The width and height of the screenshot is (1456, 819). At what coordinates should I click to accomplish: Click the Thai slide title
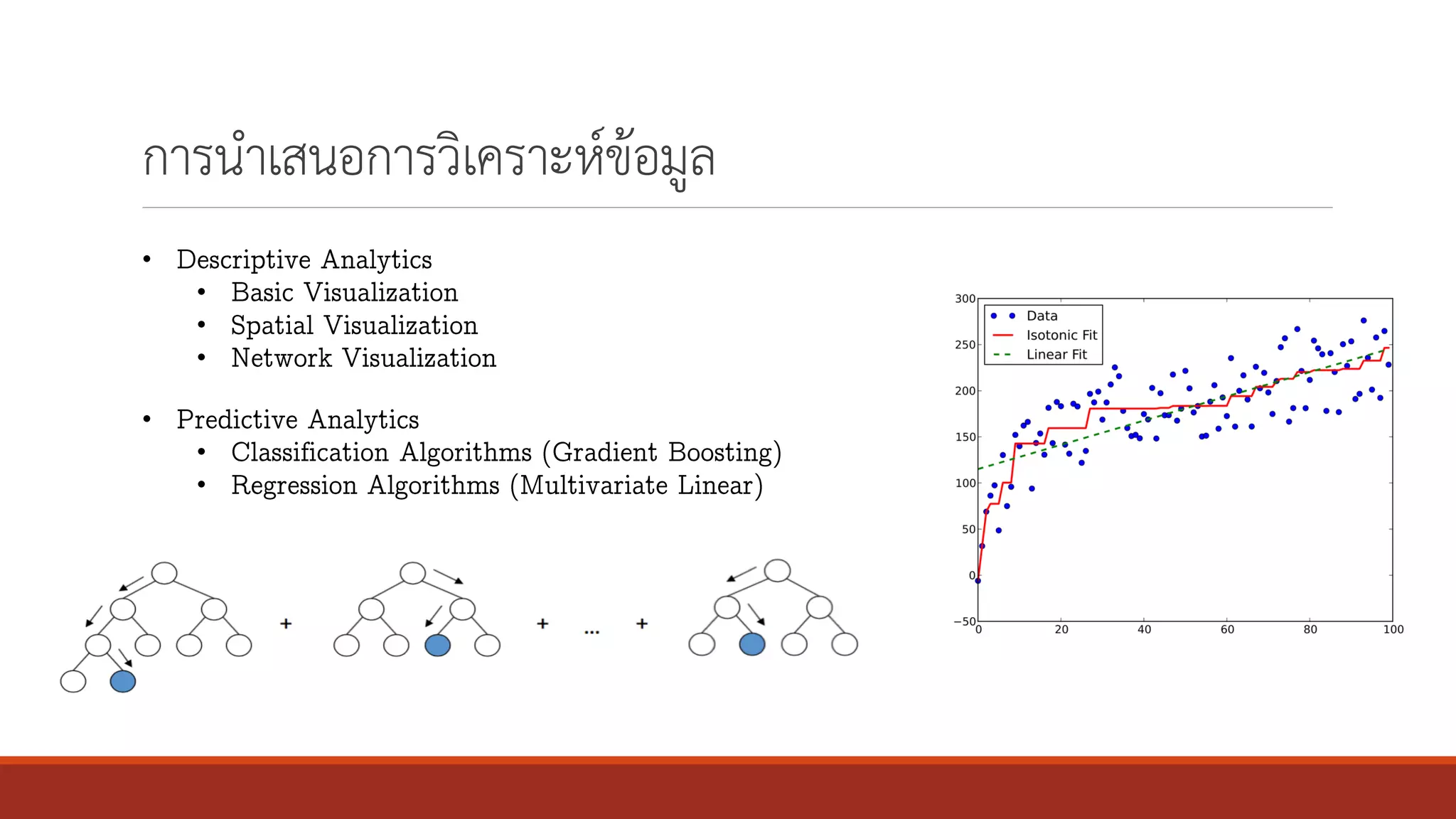pyautogui.click(x=428, y=158)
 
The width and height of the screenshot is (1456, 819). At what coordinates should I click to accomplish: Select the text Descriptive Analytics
pyautogui.click(x=304, y=259)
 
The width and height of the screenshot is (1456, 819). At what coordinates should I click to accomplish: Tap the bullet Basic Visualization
pyautogui.click(x=344, y=292)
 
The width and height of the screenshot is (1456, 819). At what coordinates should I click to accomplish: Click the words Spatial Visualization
pyautogui.click(x=354, y=325)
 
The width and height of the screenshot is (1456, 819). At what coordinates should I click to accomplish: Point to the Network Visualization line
pyautogui.click(x=363, y=358)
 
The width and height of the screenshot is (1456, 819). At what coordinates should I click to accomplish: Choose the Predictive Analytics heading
pyautogui.click(x=298, y=419)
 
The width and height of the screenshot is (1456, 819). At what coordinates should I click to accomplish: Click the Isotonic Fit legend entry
pyautogui.click(x=1061, y=335)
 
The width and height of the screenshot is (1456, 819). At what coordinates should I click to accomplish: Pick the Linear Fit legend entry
pyautogui.click(x=1056, y=354)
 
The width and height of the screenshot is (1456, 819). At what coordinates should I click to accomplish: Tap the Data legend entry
pyautogui.click(x=1042, y=316)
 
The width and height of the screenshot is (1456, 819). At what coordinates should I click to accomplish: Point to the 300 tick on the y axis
pyautogui.click(x=965, y=299)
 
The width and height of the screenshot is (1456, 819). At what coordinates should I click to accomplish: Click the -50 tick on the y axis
pyautogui.click(x=964, y=621)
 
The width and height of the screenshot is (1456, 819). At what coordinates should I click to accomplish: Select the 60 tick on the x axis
pyautogui.click(x=1227, y=629)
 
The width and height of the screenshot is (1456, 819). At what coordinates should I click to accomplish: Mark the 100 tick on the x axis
pyautogui.click(x=1393, y=629)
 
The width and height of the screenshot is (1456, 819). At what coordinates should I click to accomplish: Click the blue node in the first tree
pyautogui.click(x=122, y=681)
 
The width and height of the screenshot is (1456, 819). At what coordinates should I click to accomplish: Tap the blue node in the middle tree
pyautogui.click(x=437, y=645)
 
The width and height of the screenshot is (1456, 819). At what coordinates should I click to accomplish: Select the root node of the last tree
pyautogui.click(x=777, y=570)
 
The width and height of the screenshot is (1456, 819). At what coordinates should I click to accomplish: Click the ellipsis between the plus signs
pyautogui.click(x=591, y=631)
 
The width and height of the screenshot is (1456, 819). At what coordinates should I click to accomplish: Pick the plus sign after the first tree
pyautogui.click(x=286, y=623)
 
